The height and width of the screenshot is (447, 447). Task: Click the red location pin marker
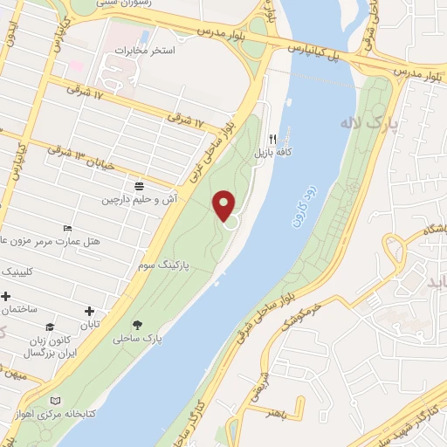click(224, 206)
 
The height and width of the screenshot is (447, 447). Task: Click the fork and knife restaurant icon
click(272, 139)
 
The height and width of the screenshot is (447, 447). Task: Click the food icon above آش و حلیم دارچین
click(140, 185)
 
